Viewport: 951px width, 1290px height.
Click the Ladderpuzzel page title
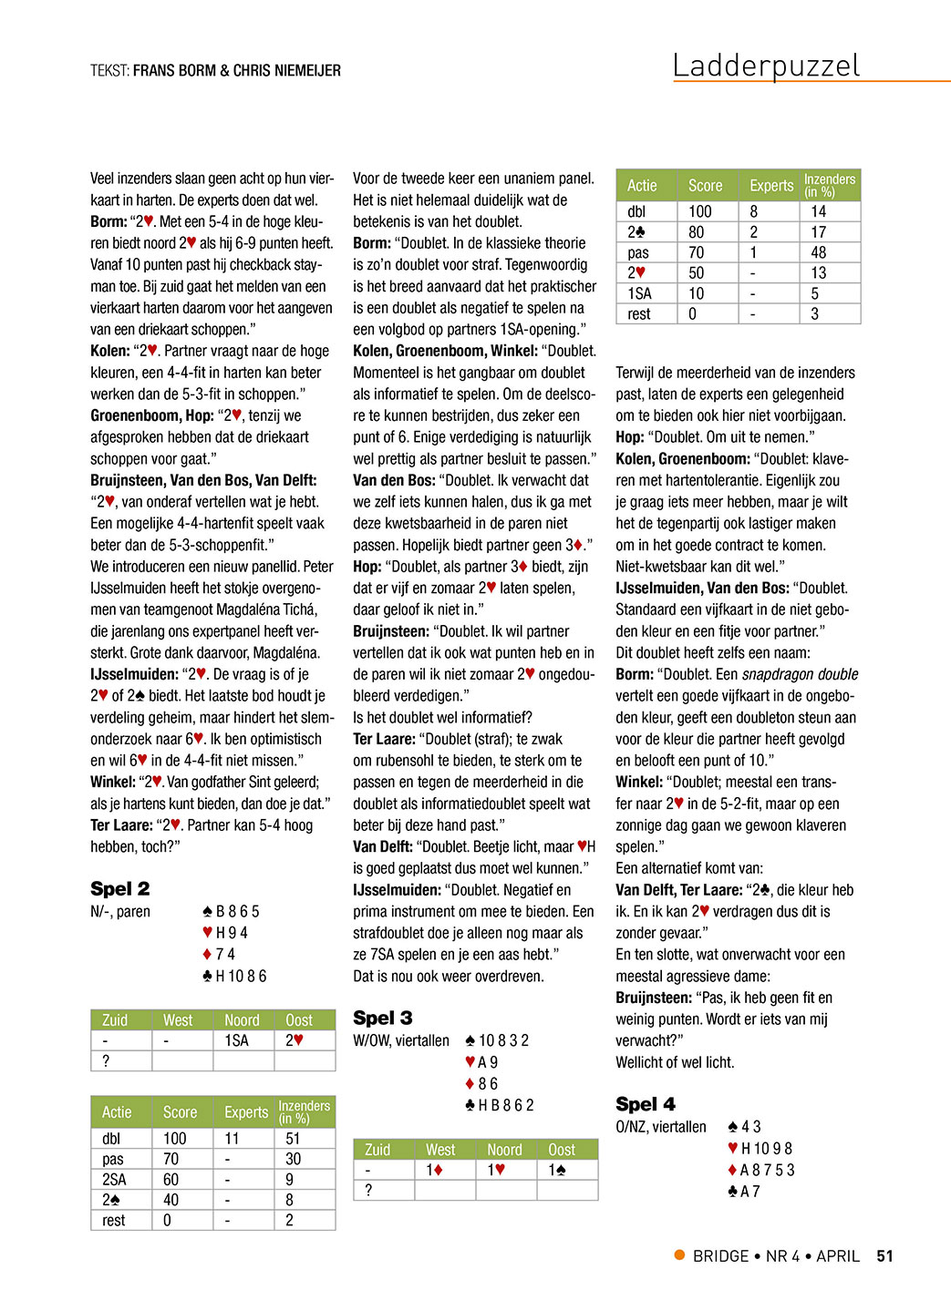tap(766, 66)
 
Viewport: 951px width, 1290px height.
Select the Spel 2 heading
tap(119, 888)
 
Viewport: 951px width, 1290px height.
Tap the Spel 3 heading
tap(382, 1018)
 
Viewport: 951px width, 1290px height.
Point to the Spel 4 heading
tap(646, 1104)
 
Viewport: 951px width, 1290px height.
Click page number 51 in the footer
tap(884, 1255)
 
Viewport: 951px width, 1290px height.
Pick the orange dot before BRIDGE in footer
tap(679, 1254)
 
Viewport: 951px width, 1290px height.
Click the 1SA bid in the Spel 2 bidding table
tap(236, 1040)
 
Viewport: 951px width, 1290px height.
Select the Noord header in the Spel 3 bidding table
tap(504, 1150)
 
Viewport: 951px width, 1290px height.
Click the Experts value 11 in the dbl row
tap(232, 1138)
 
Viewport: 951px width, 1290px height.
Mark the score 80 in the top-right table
tap(696, 232)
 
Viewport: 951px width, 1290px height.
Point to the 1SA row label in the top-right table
tap(639, 293)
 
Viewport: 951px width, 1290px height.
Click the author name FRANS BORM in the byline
tap(174, 70)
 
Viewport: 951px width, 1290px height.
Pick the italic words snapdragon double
tap(800, 674)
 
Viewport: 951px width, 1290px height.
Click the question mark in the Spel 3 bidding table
tap(368, 1190)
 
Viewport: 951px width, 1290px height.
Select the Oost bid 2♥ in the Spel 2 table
tap(294, 1040)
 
